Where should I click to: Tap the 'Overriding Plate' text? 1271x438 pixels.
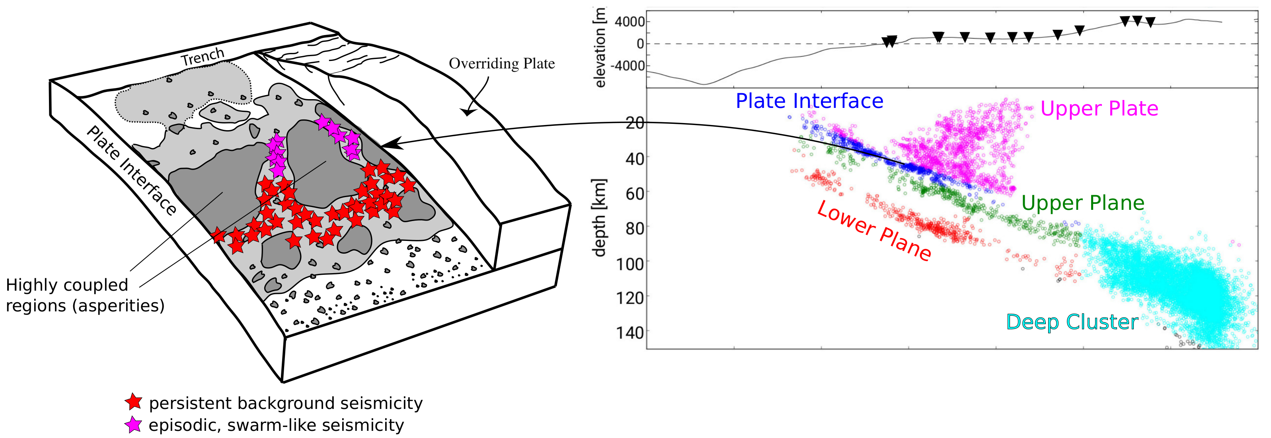click(x=501, y=64)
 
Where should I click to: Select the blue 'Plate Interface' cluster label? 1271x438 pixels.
click(x=809, y=101)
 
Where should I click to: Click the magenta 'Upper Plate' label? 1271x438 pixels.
click(x=1099, y=109)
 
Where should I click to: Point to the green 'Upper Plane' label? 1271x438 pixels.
click(x=1082, y=203)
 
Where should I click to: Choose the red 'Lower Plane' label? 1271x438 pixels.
click(x=874, y=231)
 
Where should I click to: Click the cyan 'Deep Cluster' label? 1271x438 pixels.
click(x=1072, y=322)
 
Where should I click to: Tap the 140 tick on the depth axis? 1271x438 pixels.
click(x=630, y=332)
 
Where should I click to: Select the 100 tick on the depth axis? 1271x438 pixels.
click(x=630, y=264)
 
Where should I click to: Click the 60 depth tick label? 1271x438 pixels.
click(x=635, y=194)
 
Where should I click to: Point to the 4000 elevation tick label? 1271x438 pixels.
click(x=630, y=22)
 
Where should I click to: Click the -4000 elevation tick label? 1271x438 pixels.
click(x=627, y=66)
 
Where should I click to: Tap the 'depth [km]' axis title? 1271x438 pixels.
click(x=599, y=217)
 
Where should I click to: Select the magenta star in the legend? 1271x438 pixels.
click(x=133, y=425)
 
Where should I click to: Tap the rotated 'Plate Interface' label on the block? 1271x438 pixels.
click(x=131, y=170)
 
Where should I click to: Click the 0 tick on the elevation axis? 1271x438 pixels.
click(x=640, y=44)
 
